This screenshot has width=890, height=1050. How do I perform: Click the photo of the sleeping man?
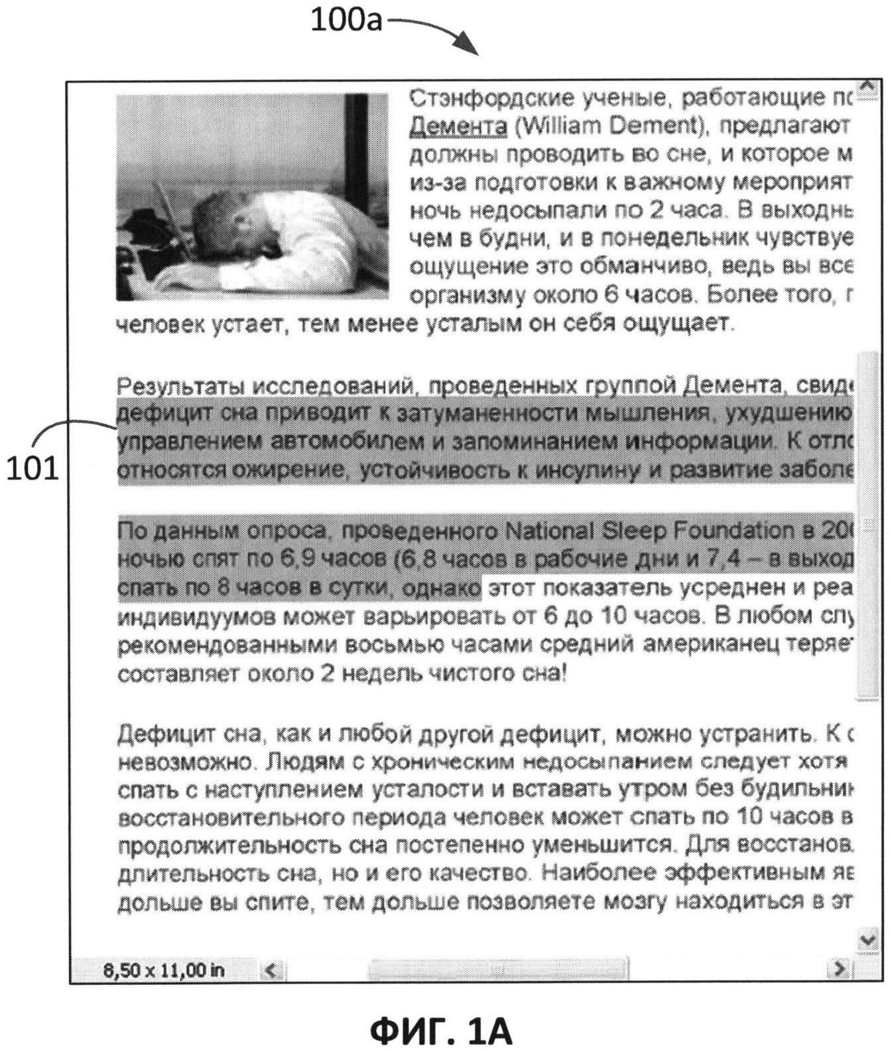(x=252, y=197)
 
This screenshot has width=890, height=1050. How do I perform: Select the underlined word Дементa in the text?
(x=459, y=125)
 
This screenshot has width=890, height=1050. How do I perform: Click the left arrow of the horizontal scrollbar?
(x=271, y=970)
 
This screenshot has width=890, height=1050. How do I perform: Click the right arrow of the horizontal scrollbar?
(x=841, y=970)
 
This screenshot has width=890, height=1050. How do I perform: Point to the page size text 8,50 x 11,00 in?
(x=164, y=970)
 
